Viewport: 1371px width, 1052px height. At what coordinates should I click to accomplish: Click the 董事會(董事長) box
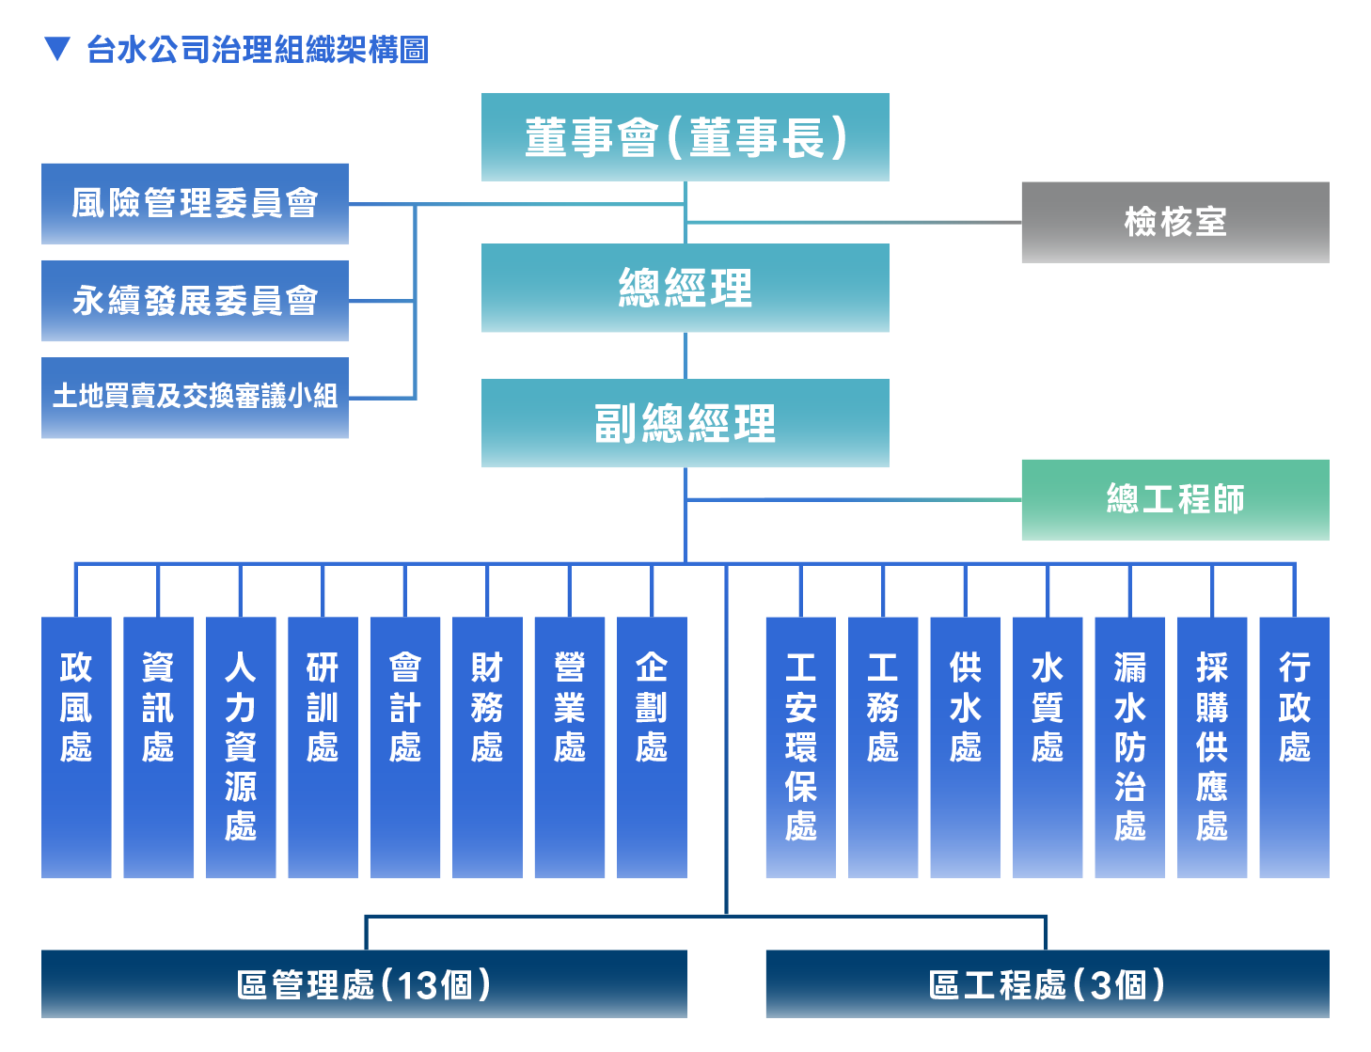[x=685, y=137]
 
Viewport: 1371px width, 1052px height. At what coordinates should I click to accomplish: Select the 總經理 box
[x=685, y=288]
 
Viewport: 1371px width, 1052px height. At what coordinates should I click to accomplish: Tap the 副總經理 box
[x=685, y=422]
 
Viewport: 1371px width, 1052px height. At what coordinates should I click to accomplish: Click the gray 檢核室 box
[x=1175, y=222]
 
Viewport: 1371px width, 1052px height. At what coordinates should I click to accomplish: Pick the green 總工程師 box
[x=1175, y=499]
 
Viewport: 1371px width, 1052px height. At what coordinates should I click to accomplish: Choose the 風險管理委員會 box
[x=195, y=204]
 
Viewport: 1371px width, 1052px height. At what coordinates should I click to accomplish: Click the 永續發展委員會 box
[x=195, y=301]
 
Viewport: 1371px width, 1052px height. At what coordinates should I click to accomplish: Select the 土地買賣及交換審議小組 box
[x=195, y=398]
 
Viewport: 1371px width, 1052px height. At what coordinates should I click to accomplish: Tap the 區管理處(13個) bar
[x=364, y=984]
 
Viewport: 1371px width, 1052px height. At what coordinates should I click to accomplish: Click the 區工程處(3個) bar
[x=1048, y=984]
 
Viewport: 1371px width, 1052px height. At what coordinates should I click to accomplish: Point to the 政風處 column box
[x=76, y=747]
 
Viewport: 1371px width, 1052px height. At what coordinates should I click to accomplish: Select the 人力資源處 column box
[x=241, y=747]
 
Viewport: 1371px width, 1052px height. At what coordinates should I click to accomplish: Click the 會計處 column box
[x=405, y=747]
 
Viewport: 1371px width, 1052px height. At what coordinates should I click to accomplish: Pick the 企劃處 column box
[x=652, y=747]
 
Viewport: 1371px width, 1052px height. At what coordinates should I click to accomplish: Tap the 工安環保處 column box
[x=800, y=747]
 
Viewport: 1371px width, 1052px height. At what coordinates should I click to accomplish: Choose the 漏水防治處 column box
[x=1130, y=747]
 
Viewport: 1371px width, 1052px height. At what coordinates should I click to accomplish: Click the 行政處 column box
[x=1295, y=747]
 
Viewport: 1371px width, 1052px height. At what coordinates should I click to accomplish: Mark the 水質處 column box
[x=1048, y=747]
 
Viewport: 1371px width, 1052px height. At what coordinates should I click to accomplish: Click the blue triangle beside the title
[x=57, y=49]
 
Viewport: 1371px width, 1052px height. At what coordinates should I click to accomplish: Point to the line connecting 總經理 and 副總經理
[x=685, y=355]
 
